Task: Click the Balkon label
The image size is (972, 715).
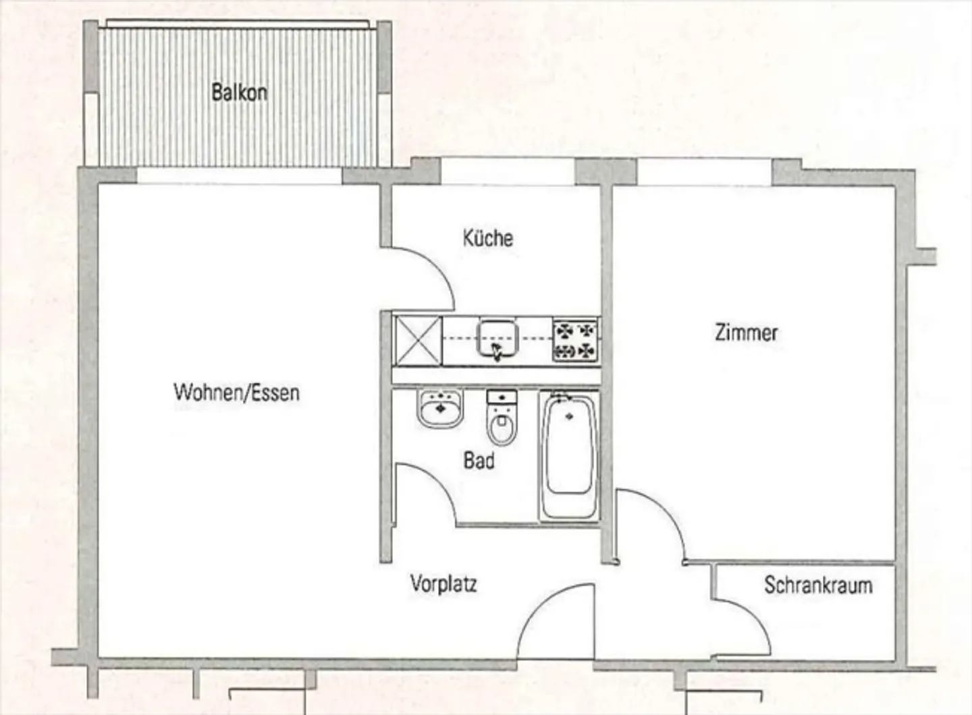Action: coord(239,92)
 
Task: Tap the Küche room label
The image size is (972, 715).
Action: coord(487,238)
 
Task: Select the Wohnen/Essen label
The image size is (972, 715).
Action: coord(236,393)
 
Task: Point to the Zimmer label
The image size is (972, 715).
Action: coord(746,333)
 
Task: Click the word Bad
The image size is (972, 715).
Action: coord(479,461)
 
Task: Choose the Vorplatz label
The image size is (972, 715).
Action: coord(443,583)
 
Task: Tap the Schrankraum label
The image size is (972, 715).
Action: coord(817,585)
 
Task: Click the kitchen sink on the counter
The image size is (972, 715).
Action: coord(497,339)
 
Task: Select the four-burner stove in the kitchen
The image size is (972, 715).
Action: coord(576,340)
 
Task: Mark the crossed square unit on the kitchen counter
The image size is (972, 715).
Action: coord(417,341)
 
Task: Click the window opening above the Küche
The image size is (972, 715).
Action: coord(507,173)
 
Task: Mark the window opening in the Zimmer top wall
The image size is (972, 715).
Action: coord(704,173)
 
